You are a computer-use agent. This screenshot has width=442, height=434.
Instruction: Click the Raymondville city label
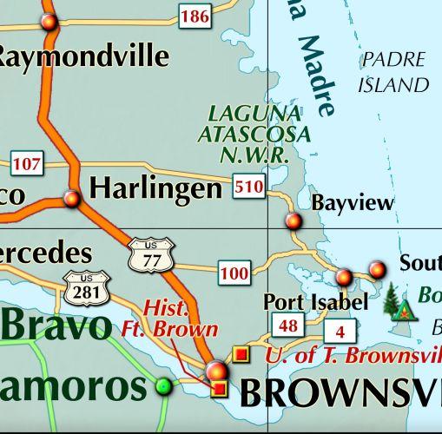[82, 56]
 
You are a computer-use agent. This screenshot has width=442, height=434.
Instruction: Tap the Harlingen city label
[156, 187]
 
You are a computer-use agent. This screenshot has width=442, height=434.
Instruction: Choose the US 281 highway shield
[85, 287]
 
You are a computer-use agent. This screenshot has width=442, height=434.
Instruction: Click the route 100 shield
[234, 274]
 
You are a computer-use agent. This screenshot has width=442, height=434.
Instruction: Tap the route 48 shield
[288, 326]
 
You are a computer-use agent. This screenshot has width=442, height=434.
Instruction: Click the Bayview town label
[352, 204]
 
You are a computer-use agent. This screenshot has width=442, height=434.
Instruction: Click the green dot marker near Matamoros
[163, 386]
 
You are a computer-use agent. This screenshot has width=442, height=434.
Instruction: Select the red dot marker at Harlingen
[72, 199]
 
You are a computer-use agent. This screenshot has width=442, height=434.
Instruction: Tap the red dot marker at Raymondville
[49, 21]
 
